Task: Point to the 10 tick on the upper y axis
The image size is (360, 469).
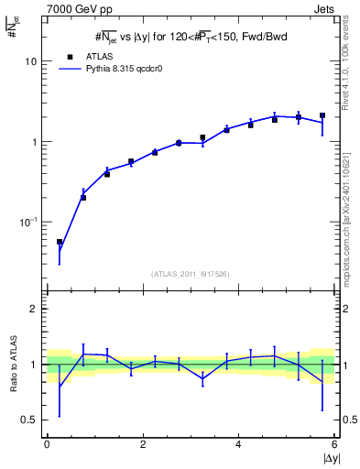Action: click(x=29, y=60)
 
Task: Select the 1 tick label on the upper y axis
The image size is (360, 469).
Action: click(x=33, y=142)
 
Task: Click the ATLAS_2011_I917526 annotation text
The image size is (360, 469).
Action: click(x=190, y=274)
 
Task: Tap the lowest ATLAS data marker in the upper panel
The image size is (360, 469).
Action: click(x=60, y=243)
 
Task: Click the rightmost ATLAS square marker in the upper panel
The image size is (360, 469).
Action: click(x=322, y=116)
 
